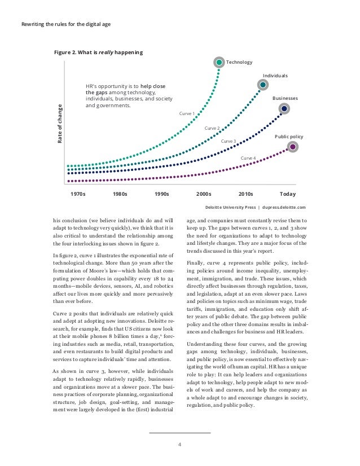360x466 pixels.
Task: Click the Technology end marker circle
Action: [218, 62]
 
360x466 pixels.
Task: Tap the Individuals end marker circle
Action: [263, 85]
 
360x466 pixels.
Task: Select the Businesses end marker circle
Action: [285, 108]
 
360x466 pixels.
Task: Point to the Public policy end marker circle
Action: [292, 147]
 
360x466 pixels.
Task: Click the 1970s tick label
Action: [78, 193]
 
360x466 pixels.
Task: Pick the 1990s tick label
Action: [162, 193]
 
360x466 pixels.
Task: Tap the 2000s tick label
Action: [203, 193]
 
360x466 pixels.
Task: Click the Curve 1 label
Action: [187, 114]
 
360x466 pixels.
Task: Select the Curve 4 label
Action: [248, 159]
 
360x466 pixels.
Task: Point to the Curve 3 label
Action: [228, 141]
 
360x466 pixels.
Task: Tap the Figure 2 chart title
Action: [98, 52]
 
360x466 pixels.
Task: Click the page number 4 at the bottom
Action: [179, 444]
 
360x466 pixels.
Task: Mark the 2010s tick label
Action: [246, 193]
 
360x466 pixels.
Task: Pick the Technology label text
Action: [239, 62]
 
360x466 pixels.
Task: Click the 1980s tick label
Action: [120, 193]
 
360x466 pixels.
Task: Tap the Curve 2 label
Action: [212, 129]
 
